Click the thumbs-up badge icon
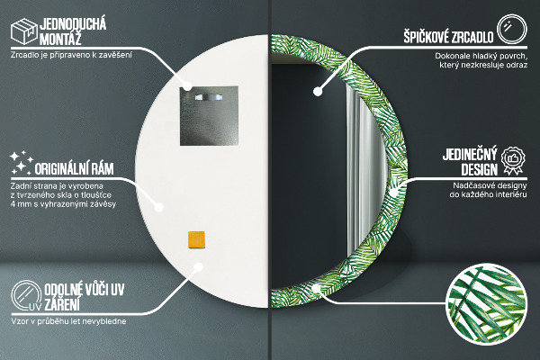coord(513,158)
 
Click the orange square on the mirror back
coord(196,238)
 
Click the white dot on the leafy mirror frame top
coord(318,90)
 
